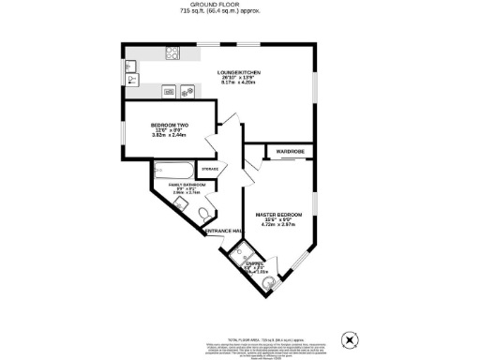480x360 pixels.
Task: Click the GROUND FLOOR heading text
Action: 239,4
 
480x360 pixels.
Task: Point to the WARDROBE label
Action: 291,150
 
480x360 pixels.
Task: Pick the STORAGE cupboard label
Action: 209,169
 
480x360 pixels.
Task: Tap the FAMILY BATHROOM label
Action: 187,185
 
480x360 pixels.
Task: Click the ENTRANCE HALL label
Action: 225,231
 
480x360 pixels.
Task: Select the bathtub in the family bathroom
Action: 174,171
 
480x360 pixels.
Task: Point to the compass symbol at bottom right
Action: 350,338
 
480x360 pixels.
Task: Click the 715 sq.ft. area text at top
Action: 239,11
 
